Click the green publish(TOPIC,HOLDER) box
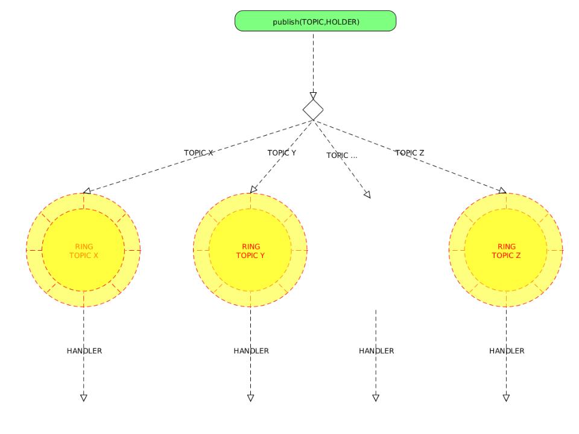[315, 22]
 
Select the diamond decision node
[313, 109]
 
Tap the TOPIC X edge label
[198, 153]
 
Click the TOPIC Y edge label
[282, 153]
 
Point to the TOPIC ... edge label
[342, 156]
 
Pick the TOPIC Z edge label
[410, 153]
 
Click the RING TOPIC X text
[84, 251]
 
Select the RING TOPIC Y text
[250, 251]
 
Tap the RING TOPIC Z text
[506, 251]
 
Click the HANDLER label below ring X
[84, 351]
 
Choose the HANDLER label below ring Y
[251, 351]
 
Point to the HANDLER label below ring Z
[507, 351]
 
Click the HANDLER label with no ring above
[376, 351]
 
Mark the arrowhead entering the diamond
[313, 95]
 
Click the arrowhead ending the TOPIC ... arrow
[367, 194]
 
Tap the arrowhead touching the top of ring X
[87, 191]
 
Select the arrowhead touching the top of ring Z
[502, 191]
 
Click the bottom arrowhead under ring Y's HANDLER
[250, 397]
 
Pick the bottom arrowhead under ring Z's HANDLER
[506, 397]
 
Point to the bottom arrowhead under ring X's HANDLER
[84, 397]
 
